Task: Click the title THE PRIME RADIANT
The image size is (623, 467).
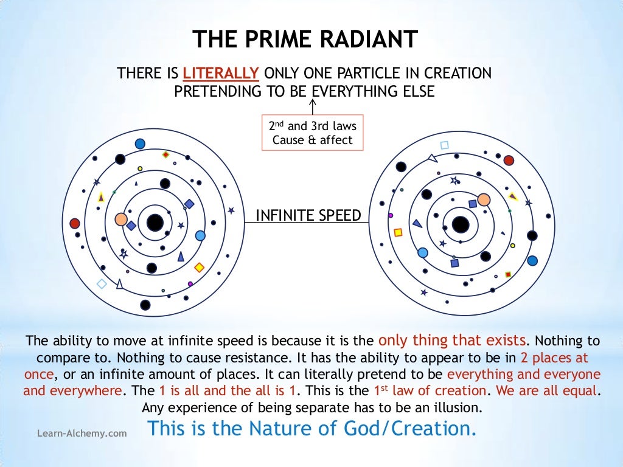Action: [x=305, y=40]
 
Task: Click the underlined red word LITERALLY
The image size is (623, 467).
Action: [x=221, y=74]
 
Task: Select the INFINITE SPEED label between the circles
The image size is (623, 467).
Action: [x=308, y=215]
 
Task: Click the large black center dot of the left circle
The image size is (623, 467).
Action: [x=155, y=223]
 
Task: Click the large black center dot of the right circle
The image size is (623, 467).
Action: [x=461, y=224]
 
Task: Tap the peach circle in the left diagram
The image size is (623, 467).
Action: [x=121, y=220]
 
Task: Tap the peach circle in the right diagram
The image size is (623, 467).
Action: [x=484, y=199]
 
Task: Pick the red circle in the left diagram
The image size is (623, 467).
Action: [x=75, y=223]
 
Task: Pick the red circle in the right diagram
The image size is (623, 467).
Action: [x=509, y=161]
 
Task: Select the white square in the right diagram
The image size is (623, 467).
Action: [x=444, y=145]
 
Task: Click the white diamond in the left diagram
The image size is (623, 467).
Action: [x=102, y=284]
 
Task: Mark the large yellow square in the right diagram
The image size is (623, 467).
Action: [x=399, y=232]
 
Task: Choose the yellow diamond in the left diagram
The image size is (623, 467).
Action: [x=199, y=267]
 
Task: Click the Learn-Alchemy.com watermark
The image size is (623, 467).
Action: [x=82, y=434]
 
